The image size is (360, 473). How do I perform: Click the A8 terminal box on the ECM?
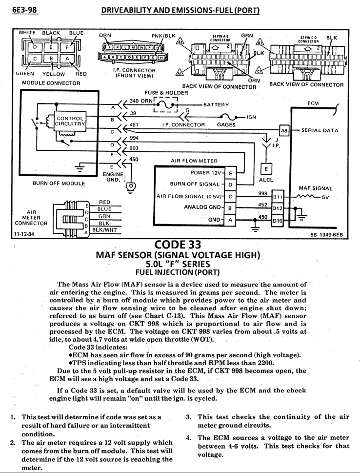click(x=284, y=130)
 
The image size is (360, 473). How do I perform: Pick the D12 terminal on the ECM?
click(x=278, y=208)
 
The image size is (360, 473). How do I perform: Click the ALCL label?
click(x=266, y=180)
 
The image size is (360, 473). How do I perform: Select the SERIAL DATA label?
click(x=320, y=130)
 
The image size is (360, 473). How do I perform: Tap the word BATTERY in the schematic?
click(x=216, y=104)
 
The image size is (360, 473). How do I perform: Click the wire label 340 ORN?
click(x=140, y=101)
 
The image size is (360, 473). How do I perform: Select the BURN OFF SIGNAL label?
click(x=195, y=184)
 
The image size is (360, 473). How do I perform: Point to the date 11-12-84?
click(x=23, y=234)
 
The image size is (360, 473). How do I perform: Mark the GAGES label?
click(x=226, y=125)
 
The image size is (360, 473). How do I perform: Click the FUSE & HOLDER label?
click(x=166, y=93)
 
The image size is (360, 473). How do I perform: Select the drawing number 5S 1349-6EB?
click(x=326, y=234)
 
